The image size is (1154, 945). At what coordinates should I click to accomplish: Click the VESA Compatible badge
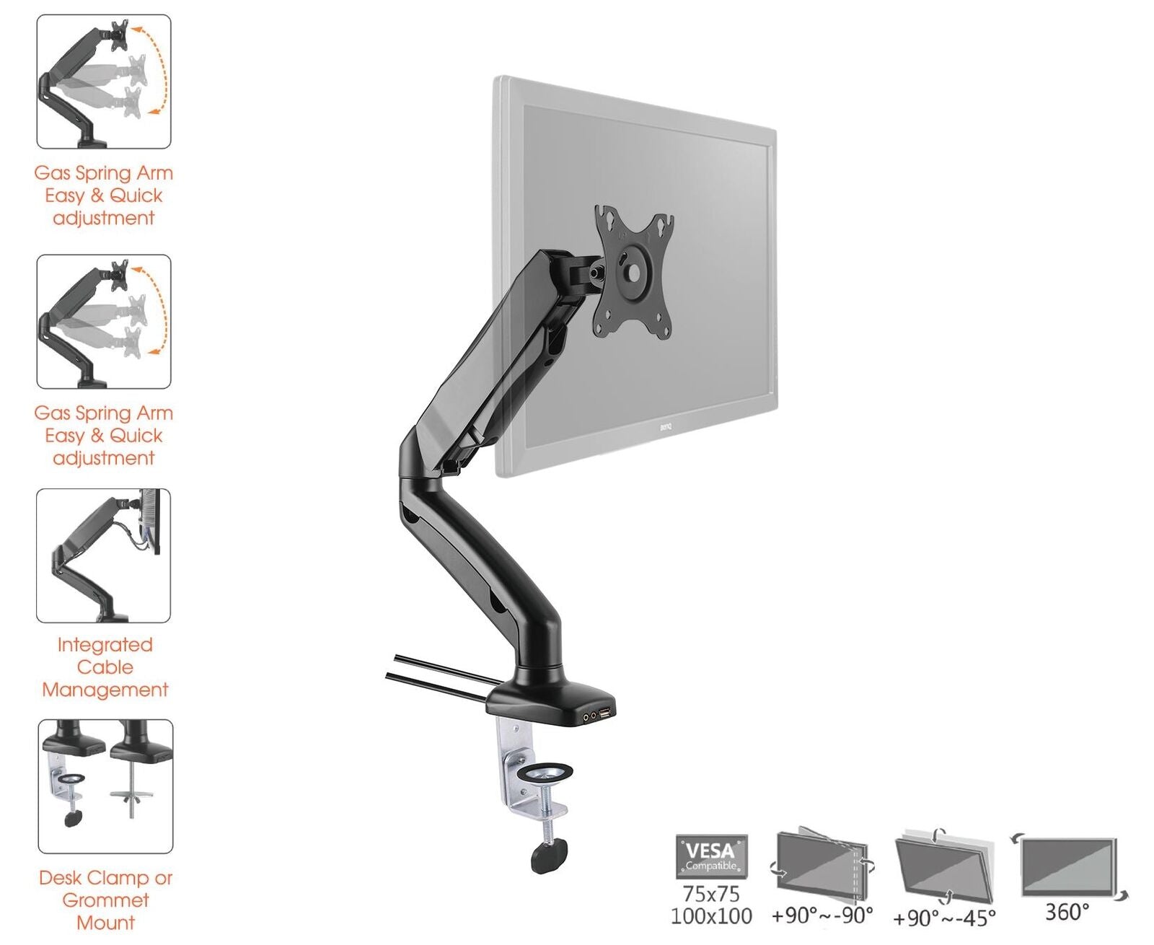tap(711, 853)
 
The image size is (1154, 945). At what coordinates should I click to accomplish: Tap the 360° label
tap(1067, 912)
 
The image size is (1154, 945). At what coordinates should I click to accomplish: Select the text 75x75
tap(710, 894)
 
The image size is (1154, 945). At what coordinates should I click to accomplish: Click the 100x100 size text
tap(711, 916)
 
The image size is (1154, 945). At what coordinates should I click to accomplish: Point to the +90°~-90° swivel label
tap(822, 915)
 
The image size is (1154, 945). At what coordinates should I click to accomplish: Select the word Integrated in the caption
tap(105, 645)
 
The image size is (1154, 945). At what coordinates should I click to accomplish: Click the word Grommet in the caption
tap(105, 900)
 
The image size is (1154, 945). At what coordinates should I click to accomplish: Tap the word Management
tap(105, 690)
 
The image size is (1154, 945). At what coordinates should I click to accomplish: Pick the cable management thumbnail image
tap(103, 555)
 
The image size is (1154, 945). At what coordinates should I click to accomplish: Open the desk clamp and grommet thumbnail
tap(105, 786)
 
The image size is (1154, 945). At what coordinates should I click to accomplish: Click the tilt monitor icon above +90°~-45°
tap(944, 868)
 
